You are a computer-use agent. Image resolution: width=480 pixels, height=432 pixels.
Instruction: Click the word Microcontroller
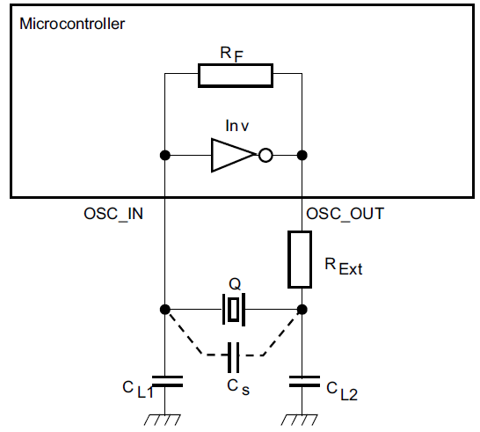click(x=71, y=24)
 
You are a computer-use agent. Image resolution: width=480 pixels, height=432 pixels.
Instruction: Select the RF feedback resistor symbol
click(x=235, y=76)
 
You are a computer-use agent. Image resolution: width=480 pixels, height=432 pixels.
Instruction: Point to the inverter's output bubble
click(x=265, y=156)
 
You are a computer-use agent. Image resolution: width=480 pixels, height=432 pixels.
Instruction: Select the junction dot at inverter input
click(x=164, y=156)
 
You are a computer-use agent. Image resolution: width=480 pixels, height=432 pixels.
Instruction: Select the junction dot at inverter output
click(x=302, y=156)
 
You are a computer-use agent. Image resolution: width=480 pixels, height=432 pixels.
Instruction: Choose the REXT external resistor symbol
click(x=302, y=260)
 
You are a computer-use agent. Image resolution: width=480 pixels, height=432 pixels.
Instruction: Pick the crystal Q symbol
click(x=233, y=310)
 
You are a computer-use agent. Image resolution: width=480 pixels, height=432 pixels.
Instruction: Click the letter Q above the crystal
click(x=234, y=285)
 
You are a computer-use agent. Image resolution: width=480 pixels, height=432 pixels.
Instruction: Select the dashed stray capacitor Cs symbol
click(x=233, y=357)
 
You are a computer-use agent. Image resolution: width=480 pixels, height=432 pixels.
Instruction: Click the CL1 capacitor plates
click(x=164, y=381)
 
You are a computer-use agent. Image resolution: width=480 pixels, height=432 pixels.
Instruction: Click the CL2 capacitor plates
click(x=302, y=381)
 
